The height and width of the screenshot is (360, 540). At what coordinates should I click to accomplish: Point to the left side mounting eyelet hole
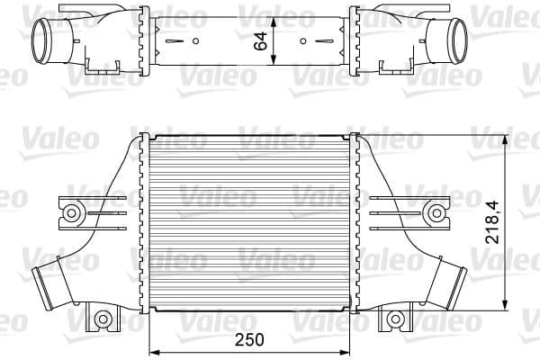[x=68, y=213]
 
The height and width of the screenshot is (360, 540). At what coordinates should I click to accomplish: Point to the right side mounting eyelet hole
[x=437, y=213]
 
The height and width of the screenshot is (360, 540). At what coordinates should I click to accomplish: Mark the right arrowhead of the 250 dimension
[x=350, y=350]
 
